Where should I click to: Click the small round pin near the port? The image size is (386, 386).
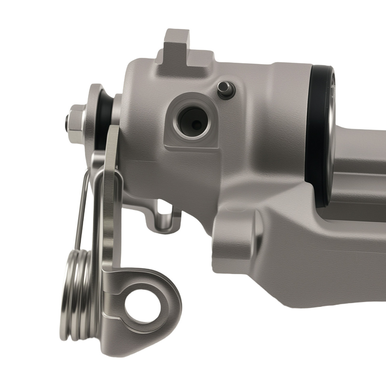point(225,89)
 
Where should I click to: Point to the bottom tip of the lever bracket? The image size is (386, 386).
point(116,349)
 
